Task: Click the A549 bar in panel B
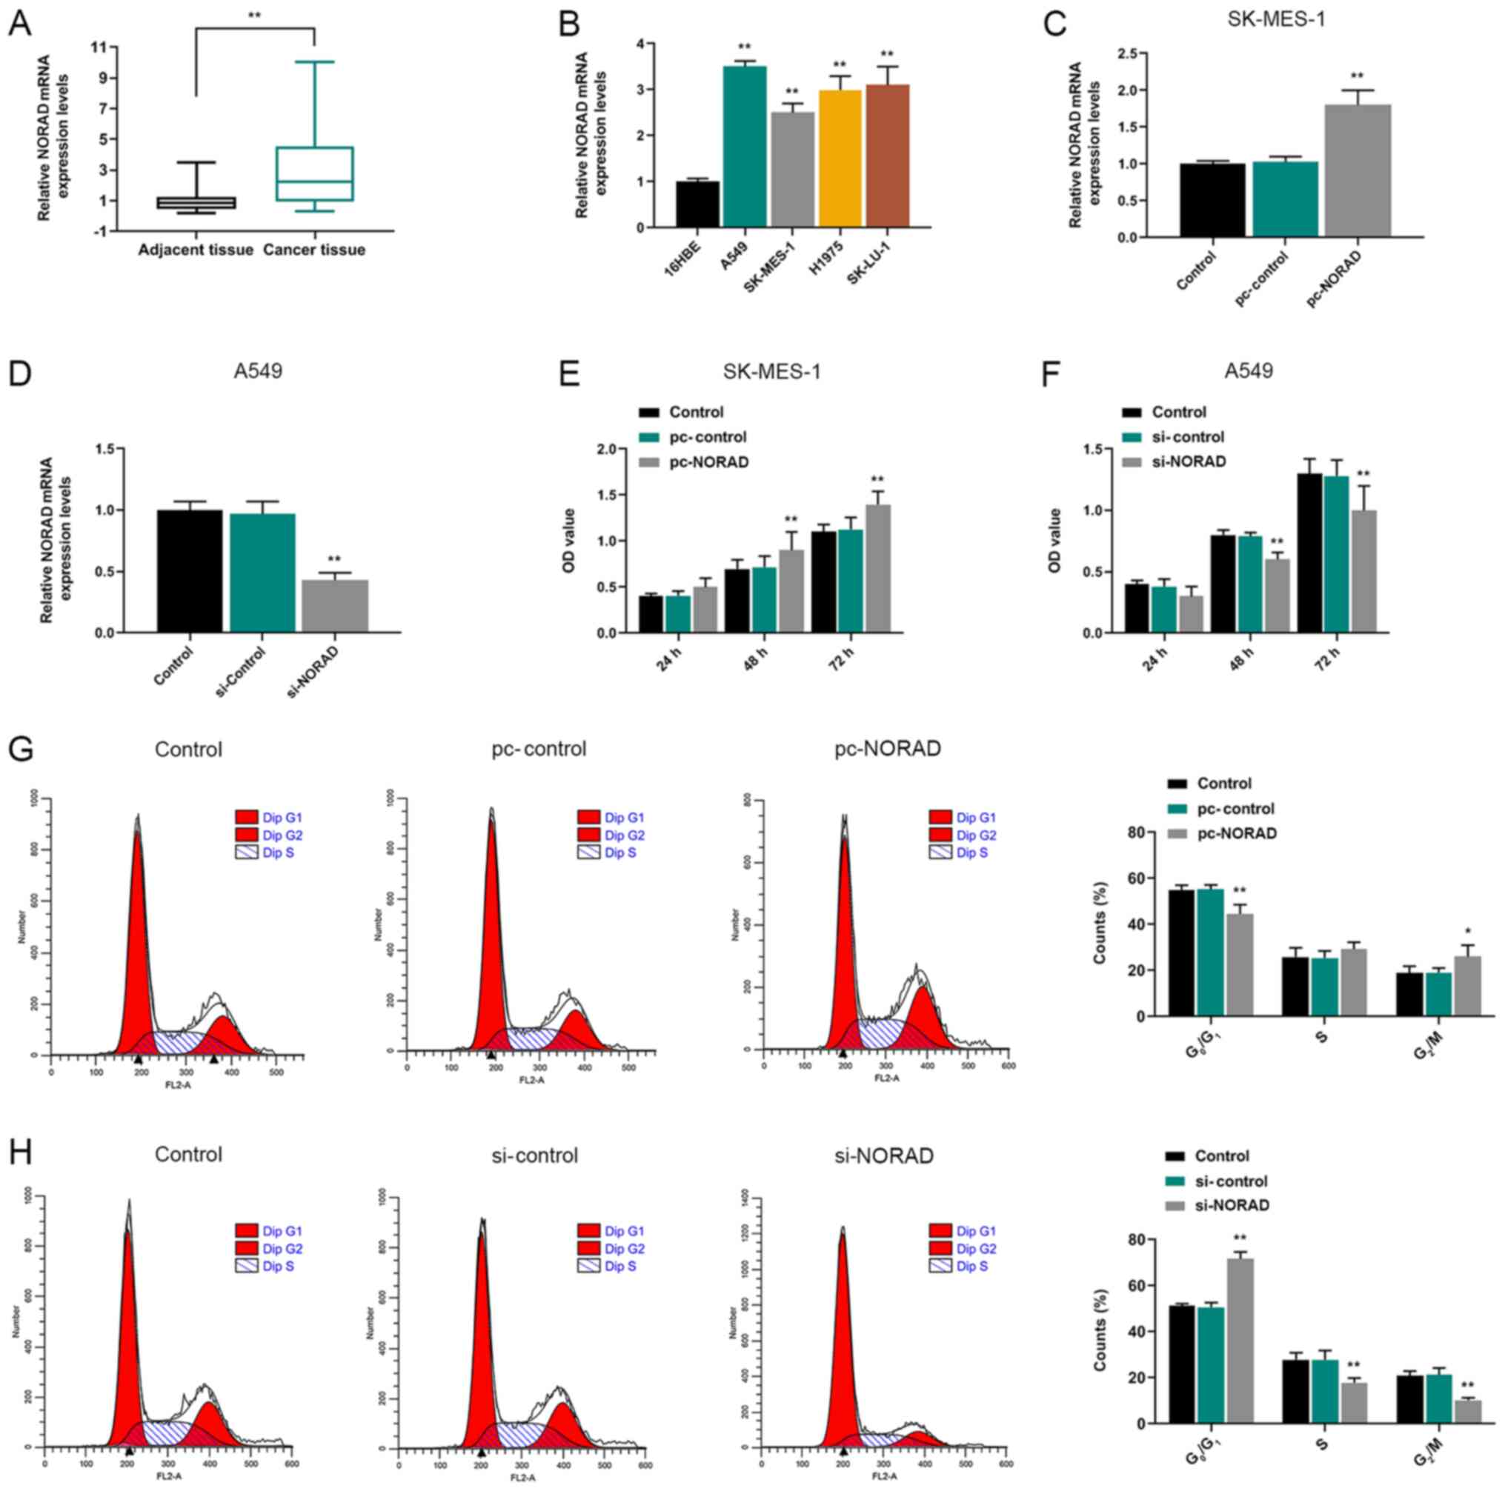coord(744,147)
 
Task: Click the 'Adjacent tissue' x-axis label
coord(196,250)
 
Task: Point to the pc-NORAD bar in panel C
coord(1358,170)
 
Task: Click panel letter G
coord(20,749)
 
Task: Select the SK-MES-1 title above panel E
coord(772,371)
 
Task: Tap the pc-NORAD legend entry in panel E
coord(708,462)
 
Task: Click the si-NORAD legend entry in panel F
coord(1188,461)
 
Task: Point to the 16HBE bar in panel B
coord(697,204)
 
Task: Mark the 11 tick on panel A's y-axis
coord(97,47)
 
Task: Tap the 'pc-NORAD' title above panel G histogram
coord(887,749)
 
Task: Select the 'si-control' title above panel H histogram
coord(535,1155)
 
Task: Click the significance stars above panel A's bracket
coord(255,16)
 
